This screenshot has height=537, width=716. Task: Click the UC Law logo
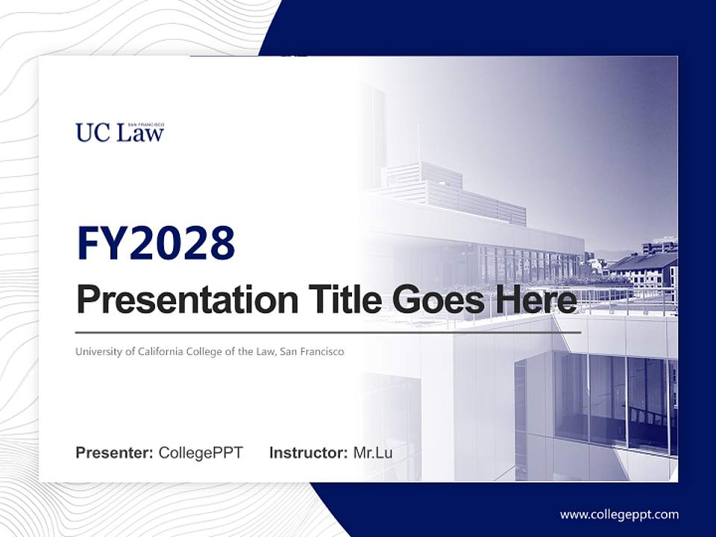pos(119,133)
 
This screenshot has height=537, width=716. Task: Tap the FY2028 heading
pos(156,243)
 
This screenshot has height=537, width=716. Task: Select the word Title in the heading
pos(335,301)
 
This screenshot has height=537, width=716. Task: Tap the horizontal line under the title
pos(328,332)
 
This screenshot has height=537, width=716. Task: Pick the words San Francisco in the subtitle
pos(312,351)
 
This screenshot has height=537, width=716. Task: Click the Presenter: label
pos(115,453)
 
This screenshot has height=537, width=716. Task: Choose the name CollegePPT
pos(201,453)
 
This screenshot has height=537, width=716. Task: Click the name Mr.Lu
pos(373,453)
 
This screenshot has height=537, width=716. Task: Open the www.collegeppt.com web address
pos(619,514)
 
